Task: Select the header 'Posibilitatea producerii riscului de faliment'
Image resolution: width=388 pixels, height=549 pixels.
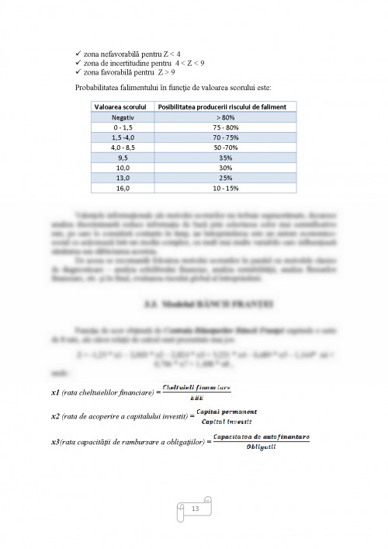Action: click(x=223, y=106)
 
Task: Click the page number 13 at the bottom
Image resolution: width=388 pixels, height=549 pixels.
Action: click(x=194, y=509)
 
